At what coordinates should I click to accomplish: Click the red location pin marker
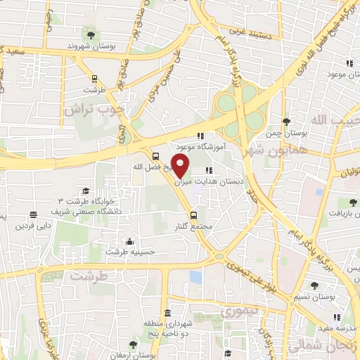[181, 166]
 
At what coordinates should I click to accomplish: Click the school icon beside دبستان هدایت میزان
[208, 170]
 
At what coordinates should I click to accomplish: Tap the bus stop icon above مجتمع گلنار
[193, 214]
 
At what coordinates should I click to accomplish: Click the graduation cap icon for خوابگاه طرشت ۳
[86, 191]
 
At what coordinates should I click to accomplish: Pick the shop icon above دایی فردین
[32, 216]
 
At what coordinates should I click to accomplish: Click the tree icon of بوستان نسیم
[313, 287]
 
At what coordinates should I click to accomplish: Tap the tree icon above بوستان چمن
[285, 122]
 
